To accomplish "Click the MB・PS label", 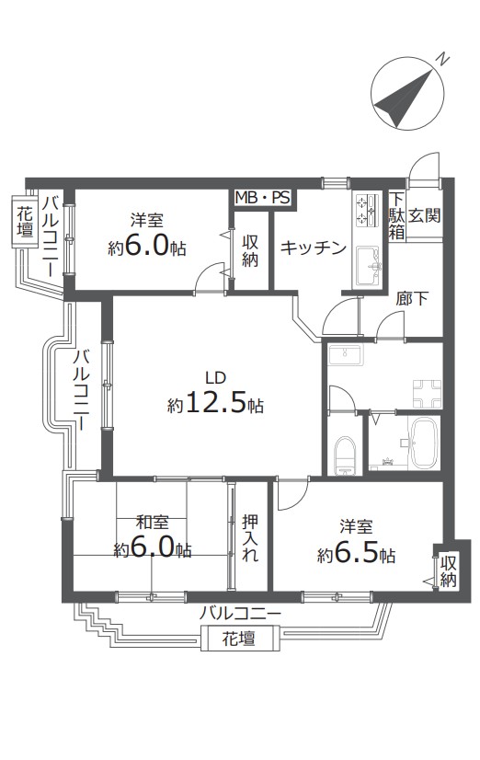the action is coord(262,198).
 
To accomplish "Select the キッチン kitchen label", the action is coord(314,248).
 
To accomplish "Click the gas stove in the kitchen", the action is coord(368,211).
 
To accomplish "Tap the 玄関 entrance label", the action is coord(424,215).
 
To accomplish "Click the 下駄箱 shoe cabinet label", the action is coord(396,215).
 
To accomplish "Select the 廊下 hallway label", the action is coord(412,298).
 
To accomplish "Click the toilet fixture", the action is coord(346,455).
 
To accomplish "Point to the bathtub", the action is coord(424,443).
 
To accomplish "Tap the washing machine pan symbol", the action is coord(427,394).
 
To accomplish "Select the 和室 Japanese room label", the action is coord(153,523).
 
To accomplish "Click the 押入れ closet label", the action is coord(250,538).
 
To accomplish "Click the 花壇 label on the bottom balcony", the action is coord(239,639).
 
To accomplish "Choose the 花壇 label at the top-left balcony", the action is coord(25,222).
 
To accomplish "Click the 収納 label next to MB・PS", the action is coord(250,250).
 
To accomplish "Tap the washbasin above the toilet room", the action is coord(345,355).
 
